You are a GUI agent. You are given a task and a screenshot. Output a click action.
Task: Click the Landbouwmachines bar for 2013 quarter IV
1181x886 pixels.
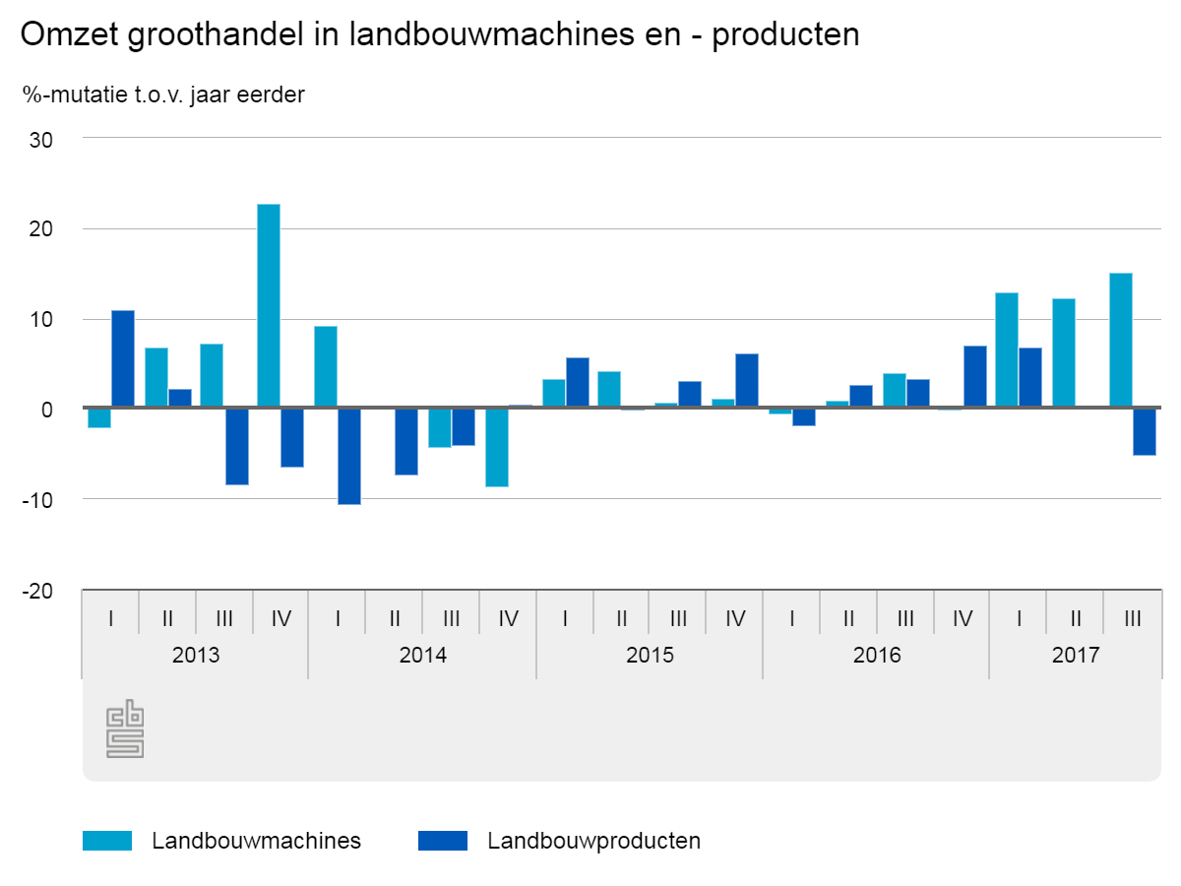pos(269,305)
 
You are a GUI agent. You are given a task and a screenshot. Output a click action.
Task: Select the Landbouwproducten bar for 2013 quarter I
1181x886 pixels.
pos(123,358)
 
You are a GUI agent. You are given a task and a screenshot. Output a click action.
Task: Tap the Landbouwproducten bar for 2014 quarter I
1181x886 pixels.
pos(349,456)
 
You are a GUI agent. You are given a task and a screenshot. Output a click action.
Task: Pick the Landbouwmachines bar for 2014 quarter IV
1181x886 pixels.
pos(497,447)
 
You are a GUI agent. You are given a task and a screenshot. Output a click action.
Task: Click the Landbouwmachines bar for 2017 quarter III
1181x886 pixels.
pos(1121,340)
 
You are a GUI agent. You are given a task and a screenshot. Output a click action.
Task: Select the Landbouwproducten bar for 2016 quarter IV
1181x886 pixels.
pos(975,376)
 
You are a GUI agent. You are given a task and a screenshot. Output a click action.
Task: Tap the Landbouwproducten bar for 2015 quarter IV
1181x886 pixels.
pos(747,380)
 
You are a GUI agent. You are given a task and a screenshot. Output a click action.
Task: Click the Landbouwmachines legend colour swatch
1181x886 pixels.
pos(107,841)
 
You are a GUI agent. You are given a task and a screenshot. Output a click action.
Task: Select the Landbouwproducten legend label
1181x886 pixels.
pos(593,841)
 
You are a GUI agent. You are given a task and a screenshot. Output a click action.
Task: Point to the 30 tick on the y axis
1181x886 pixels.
pos(68,140)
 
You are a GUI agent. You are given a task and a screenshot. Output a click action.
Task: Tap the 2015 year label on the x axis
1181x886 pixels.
pos(650,656)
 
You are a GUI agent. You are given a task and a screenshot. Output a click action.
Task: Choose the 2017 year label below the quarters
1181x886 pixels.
pos(1075,656)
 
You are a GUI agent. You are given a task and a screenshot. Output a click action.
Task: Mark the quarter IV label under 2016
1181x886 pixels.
pos(962,619)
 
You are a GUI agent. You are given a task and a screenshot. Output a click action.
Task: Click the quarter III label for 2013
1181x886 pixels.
pos(224,619)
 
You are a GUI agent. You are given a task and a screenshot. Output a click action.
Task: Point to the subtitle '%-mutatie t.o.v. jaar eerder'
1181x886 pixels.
pos(163,95)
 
